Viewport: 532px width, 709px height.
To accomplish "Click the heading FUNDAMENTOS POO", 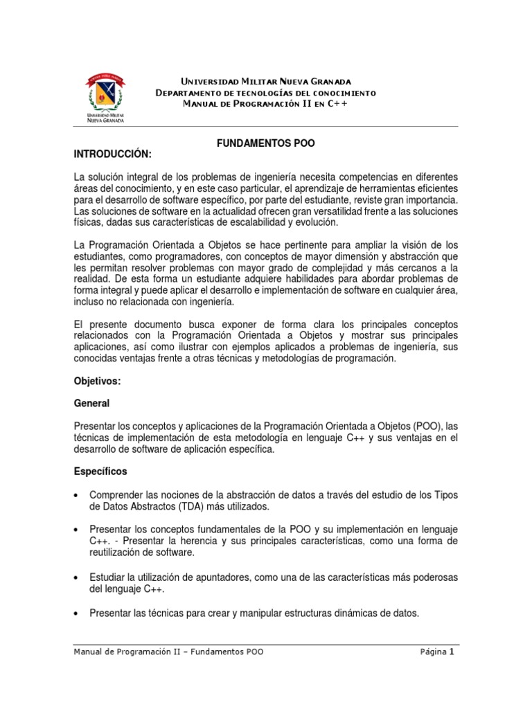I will coord(266,143).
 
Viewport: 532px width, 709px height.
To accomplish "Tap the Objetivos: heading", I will coord(97,382).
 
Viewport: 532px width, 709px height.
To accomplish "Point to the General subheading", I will coord(91,402).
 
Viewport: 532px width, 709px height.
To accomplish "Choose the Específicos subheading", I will coord(100,472).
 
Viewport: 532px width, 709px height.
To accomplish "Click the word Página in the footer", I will coord(433,652).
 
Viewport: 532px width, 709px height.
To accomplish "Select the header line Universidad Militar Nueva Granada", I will coord(266,82).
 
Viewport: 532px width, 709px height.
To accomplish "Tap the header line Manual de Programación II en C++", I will coord(265,103).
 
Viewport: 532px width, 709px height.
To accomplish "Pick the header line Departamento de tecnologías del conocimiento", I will coord(266,93).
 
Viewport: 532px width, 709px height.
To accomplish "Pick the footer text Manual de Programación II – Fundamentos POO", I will coord(168,652).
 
